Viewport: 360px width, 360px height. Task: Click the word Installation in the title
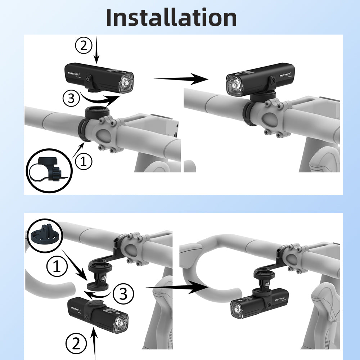tap(171, 17)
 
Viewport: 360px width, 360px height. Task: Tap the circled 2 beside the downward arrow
tap(84, 46)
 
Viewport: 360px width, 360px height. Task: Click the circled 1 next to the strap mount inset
tap(83, 162)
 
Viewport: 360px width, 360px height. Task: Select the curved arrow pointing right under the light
tap(100, 98)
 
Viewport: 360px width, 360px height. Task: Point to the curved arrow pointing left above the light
tap(99, 294)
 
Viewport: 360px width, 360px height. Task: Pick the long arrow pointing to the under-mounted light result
tap(177, 287)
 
